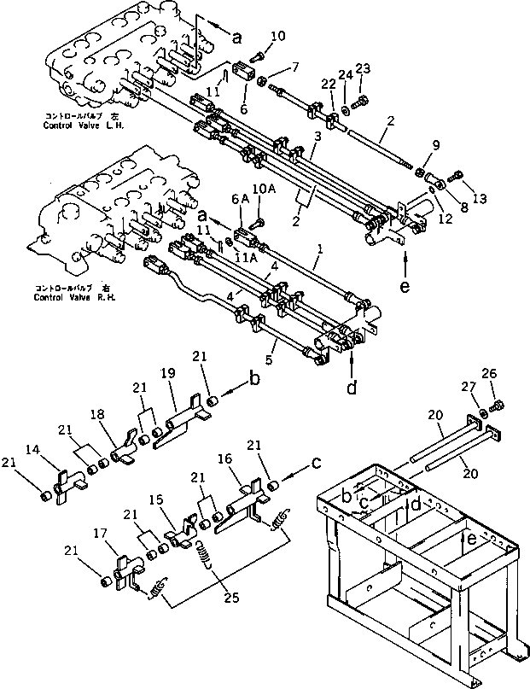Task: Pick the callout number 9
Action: [x=437, y=145]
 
